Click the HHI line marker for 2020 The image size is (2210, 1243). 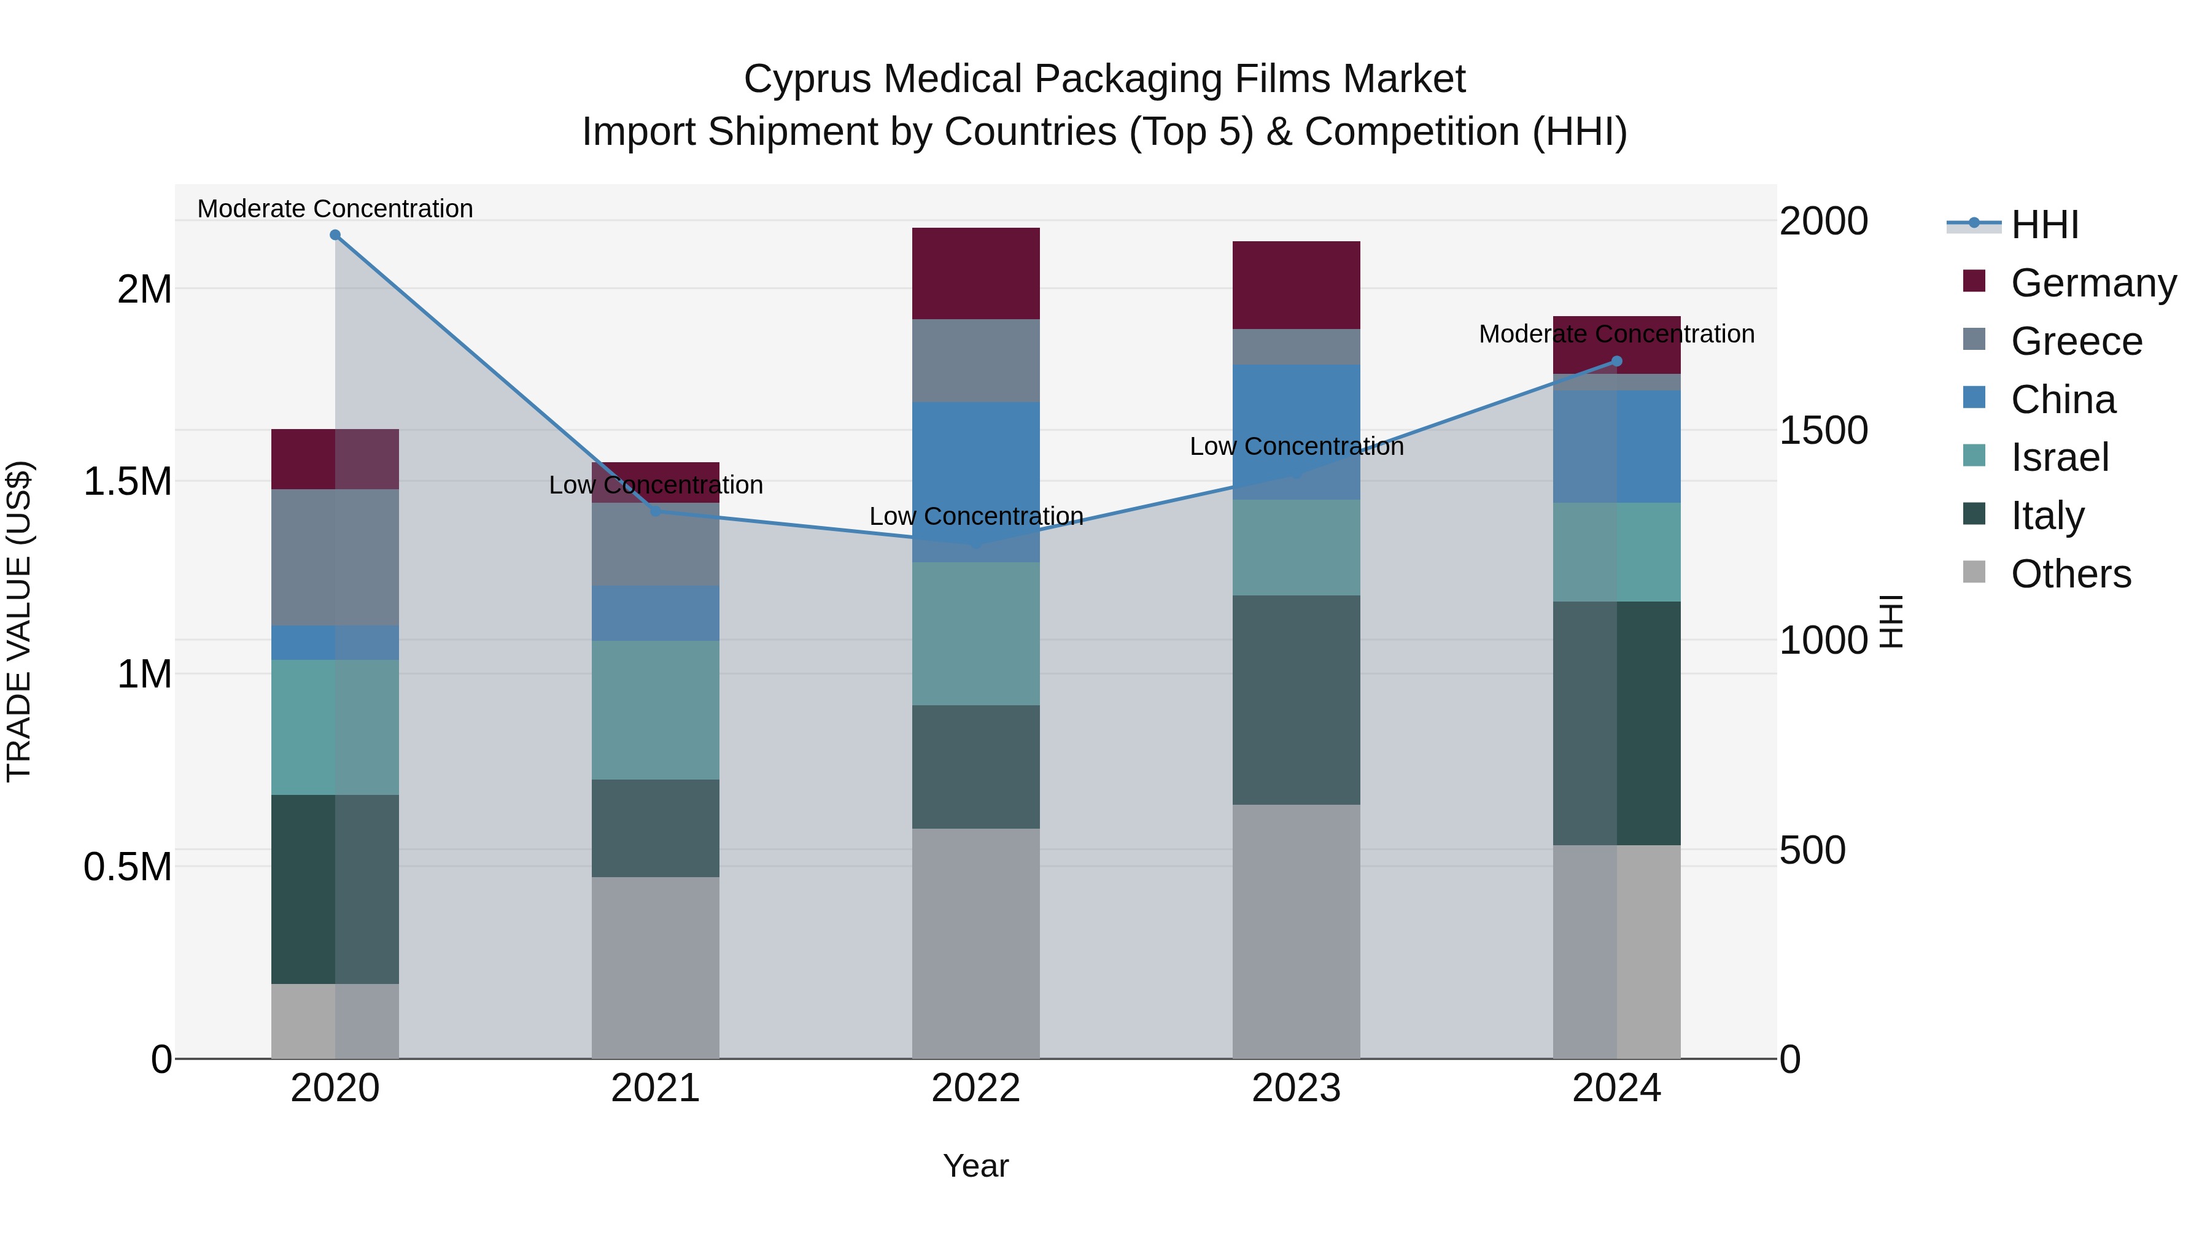(335, 235)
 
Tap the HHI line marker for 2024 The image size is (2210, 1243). (1616, 361)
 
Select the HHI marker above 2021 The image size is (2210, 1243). (656, 511)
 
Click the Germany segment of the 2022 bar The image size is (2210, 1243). (975, 274)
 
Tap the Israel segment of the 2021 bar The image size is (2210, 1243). (656, 710)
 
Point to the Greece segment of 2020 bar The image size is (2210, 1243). (335, 557)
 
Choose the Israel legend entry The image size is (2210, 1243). (2058, 457)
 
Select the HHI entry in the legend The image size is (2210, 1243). (2044, 225)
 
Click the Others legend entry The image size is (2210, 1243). (2069, 574)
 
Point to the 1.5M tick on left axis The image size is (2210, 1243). (128, 481)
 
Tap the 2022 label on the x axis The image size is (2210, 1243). (975, 1088)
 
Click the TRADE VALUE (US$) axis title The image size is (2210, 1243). (19, 621)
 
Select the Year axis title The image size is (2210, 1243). (975, 1166)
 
